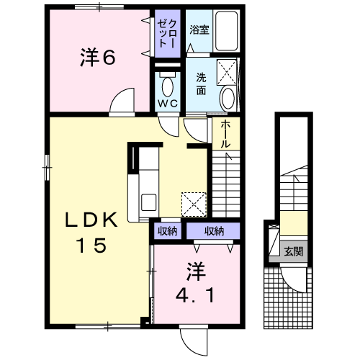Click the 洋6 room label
pyautogui.click(x=98, y=57)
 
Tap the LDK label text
pyautogui.click(x=91, y=220)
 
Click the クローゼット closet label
pyautogui.click(x=167, y=33)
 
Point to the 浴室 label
pyautogui.click(x=199, y=30)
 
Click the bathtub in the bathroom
pyautogui.click(x=226, y=31)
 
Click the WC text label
pyautogui.click(x=168, y=104)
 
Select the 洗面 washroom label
pyautogui.click(x=201, y=84)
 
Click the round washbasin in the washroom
pyautogui.click(x=228, y=99)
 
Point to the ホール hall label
pyautogui.click(x=225, y=134)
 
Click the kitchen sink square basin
pyautogui.click(x=149, y=202)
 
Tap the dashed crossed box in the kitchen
pyautogui.click(x=194, y=204)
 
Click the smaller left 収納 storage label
pyautogui.click(x=167, y=231)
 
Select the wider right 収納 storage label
pyautogui.click(x=214, y=231)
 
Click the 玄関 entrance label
pyautogui.click(x=294, y=251)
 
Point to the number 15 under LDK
pyautogui.click(x=91, y=245)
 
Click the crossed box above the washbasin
pyautogui.click(x=227, y=72)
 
